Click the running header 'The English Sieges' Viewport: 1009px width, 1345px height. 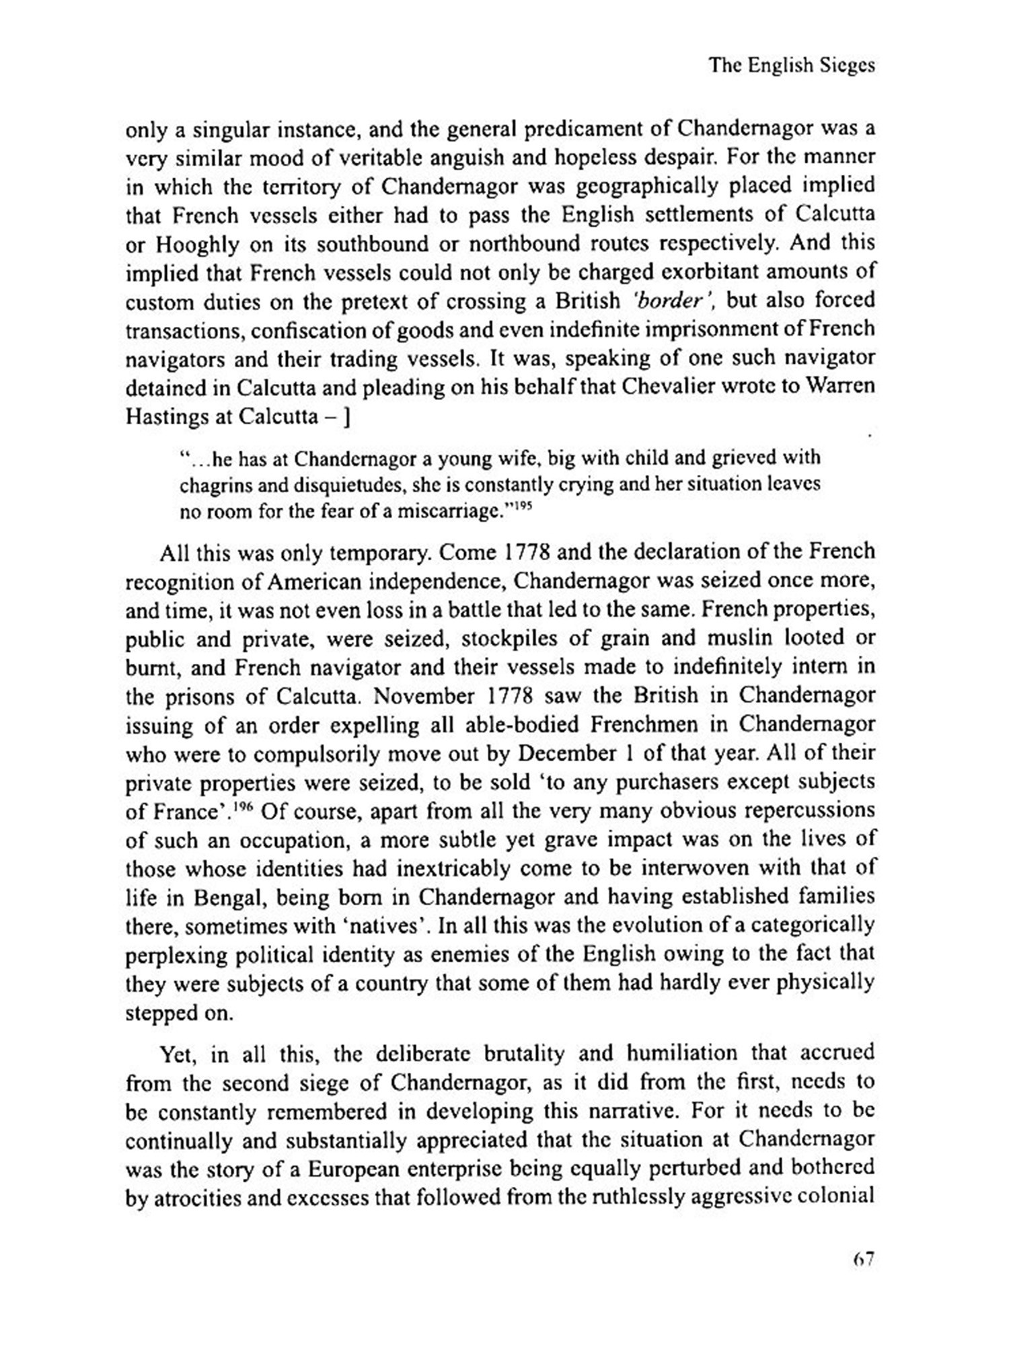[792, 65]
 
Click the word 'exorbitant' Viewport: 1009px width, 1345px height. [715, 272]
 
